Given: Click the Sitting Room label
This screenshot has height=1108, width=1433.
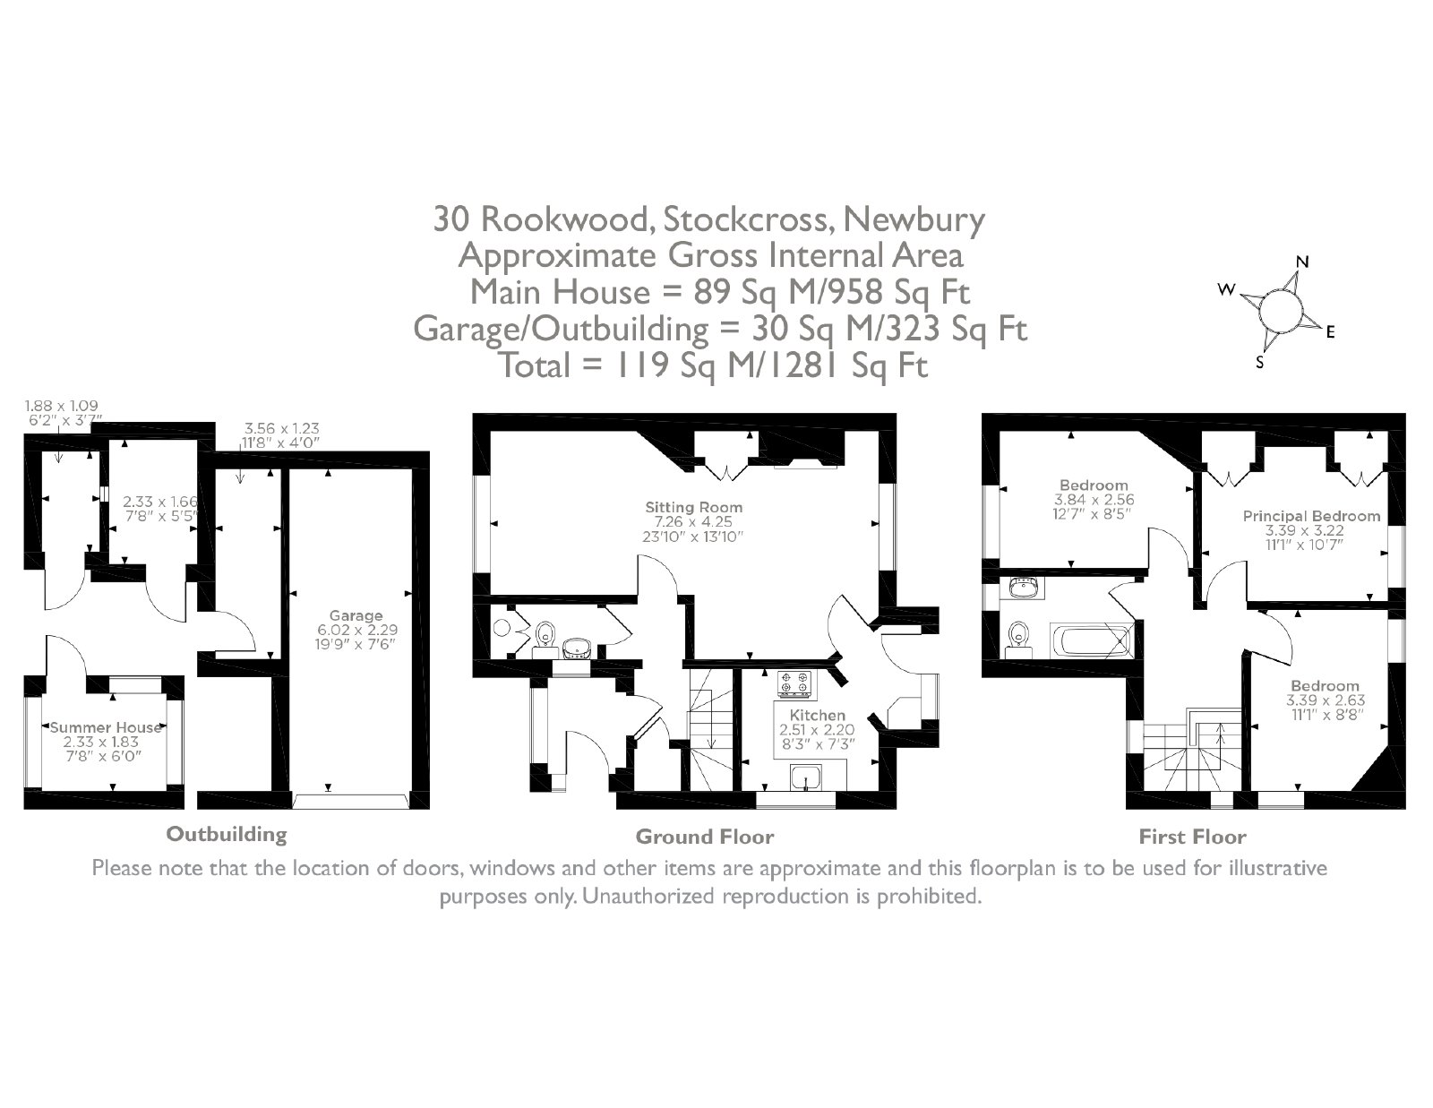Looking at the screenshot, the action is [x=694, y=507].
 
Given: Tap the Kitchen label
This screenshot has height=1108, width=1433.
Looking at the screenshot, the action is [x=817, y=715].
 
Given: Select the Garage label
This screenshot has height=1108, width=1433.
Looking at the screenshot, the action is [x=356, y=616].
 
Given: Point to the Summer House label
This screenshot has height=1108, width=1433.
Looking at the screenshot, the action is [x=106, y=727].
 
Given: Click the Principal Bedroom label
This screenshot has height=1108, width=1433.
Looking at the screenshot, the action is [x=1312, y=517].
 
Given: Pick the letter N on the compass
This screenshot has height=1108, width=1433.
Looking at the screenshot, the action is [x=1302, y=262].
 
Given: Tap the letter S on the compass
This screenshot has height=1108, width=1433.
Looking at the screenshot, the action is [x=1259, y=362].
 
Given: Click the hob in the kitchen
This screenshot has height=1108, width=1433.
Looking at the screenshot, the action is [x=794, y=684].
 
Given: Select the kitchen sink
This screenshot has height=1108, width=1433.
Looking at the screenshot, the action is [x=806, y=777].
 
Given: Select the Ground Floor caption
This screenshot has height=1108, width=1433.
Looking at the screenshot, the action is [x=704, y=837].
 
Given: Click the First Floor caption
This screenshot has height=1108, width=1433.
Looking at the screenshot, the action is [x=1192, y=837].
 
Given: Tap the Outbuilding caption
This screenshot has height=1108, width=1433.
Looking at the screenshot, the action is [x=227, y=834].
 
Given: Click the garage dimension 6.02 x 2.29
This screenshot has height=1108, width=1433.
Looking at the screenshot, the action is [x=357, y=630].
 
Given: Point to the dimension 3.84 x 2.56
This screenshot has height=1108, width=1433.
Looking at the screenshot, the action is [x=1094, y=500].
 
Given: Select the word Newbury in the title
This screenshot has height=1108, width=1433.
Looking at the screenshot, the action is [x=914, y=219].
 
